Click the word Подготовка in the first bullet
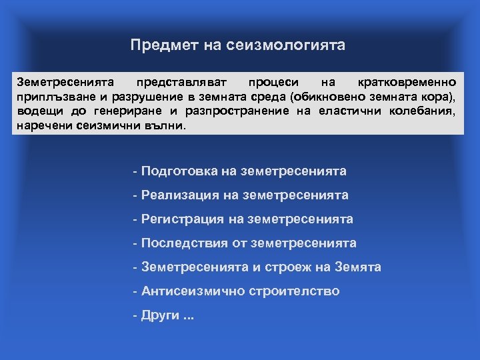179,171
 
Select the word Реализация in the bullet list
181,195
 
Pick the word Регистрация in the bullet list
183,219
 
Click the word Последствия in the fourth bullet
185,243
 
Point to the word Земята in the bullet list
358,267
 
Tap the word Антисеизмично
193,291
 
